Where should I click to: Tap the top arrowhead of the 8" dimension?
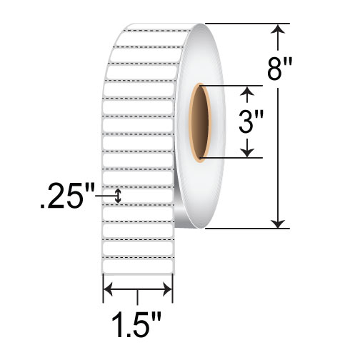coord(277,29)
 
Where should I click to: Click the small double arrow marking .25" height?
coord(119,195)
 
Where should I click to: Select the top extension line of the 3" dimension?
coord(229,86)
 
